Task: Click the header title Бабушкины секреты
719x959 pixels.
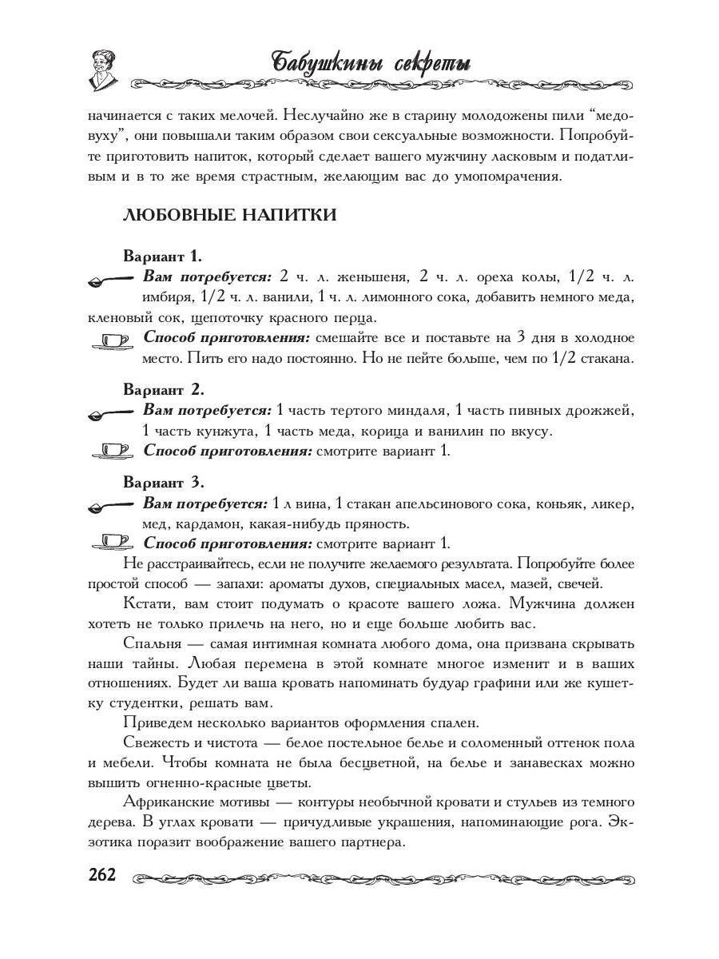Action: coord(371,62)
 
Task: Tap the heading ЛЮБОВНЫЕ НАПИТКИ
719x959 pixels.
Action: coord(229,215)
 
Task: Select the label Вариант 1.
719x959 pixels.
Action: coord(162,257)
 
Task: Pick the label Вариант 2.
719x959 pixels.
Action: coord(164,390)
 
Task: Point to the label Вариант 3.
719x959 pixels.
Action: coord(164,483)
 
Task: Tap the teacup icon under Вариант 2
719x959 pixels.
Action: coord(112,452)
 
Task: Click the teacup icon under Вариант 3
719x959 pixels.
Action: coord(112,544)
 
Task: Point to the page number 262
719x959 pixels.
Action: coord(102,875)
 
